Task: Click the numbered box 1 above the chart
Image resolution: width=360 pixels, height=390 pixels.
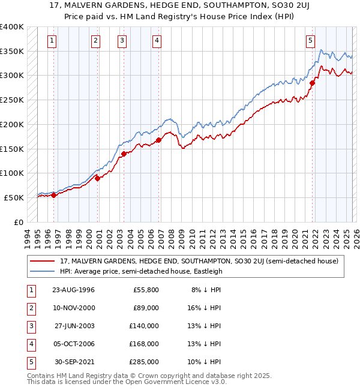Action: [53, 41]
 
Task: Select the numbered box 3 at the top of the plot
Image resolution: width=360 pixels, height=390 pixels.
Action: [122, 41]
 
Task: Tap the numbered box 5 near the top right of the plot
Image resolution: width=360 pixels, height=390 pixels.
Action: [310, 41]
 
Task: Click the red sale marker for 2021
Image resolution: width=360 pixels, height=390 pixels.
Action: [313, 83]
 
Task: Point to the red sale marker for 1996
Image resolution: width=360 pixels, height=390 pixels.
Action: [53, 194]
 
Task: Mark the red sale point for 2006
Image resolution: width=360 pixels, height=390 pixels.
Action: [159, 140]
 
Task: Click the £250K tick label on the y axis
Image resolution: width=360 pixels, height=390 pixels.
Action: [12, 100]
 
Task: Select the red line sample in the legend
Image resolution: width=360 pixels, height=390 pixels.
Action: [43, 261]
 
